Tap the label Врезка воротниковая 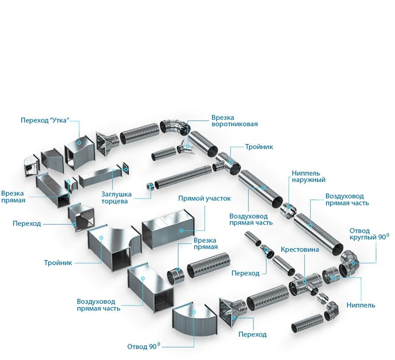pyautogui.click(x=235, y=121)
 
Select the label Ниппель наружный pyautogui.click(x=309, y=176)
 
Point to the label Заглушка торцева pyautogui.click(x=117, y=198)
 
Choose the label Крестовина pyautogui.click(x=300, y=250)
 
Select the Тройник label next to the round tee pyautogui.click(x=259, y=147)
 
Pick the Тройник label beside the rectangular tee pyautogui.click(x=58, y=263)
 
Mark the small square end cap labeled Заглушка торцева pyautogui.click(x=126, y=169)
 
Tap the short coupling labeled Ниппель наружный pyautogui.click(x=287, y=210)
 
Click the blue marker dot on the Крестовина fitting pyautogui.click(x=304, y=281)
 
